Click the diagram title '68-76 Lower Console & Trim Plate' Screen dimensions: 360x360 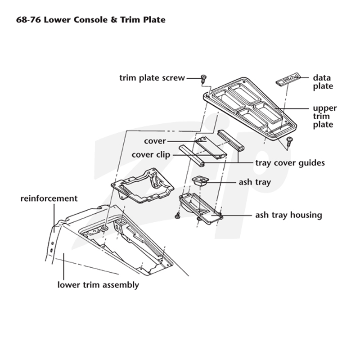pyautogui.click(x=91, y=20)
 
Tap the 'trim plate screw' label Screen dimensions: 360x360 pyautogui.click(x=152, y=78)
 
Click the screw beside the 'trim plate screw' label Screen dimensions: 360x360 pyautogui.click(x=203, y=78)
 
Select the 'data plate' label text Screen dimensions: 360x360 pyautogui.click(x=323, y=82)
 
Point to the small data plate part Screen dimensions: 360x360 pyautogui.click(x=288, y=79)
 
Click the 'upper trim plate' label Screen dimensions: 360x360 pyautogui.click(x=324, y=116)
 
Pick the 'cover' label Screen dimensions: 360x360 pyautogui.click(x=155, y=141)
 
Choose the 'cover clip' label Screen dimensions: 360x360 pyautogui.click(x=151, y=155)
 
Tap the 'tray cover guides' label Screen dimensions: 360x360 pyautogui.click(x=290, y=163)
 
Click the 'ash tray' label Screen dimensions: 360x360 pyautogui.click(x=255, y=182)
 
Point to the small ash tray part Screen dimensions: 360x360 pyautogui.click(x=200, y=180)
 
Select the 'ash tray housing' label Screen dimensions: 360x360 pyautogui.click(x=288, y=215)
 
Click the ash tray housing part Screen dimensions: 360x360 pyautogui.click(x=200, y=208)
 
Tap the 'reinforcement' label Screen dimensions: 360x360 pyautogui.click(x=49, y=198)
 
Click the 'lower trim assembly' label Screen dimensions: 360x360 pyautogui.click(x=98, y=285)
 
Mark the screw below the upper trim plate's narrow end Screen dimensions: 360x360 pyautogui.click(x=289, y=141)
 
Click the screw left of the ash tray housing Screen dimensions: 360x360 pyautogui.click(x=177, y=216)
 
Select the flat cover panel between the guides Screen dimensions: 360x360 pyautogui.click(x=211, y=148)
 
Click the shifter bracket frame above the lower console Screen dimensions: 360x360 pyautogui.click(x=142, y=185)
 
